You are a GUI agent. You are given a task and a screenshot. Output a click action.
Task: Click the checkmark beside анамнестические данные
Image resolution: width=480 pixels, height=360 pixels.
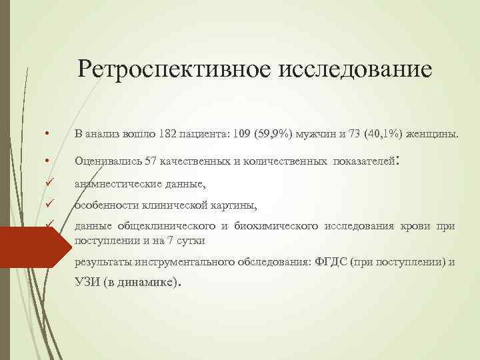click(x=49, y=184)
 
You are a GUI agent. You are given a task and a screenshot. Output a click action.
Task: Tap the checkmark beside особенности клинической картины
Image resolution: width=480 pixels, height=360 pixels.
click(x=49, y=205)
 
